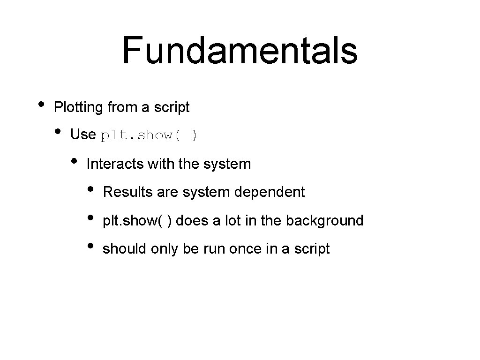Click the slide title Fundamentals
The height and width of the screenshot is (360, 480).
tap(240, 51)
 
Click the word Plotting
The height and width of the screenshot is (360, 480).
tap(78, 107)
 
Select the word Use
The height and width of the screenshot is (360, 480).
tap(82, 135)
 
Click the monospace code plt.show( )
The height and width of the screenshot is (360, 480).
tap(150, 135)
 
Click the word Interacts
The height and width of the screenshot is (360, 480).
tap(115, 164)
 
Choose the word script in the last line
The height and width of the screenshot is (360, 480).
tap(312, 248)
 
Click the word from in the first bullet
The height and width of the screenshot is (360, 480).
tap(121, 107)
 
